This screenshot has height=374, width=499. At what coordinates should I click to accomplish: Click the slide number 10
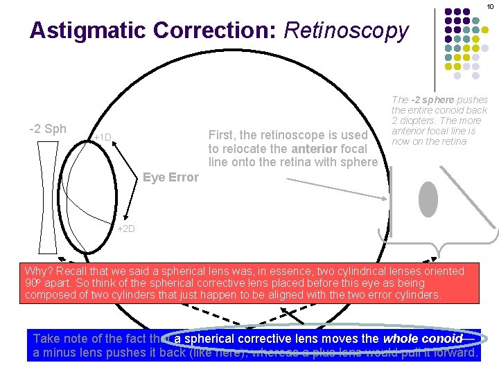(x=489, y=6)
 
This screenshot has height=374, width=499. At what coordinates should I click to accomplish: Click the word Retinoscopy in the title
(x=347, y=30)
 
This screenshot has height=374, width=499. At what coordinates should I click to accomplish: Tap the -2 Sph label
(x=47, y=128)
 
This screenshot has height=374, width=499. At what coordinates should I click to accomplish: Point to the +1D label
(x=102, y=137)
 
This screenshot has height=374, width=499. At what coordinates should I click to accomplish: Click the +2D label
(x=126, y=229)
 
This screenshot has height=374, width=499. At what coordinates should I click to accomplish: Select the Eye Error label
(x=170, y=177)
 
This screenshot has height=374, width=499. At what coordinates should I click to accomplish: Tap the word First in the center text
(x=222, y=134)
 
